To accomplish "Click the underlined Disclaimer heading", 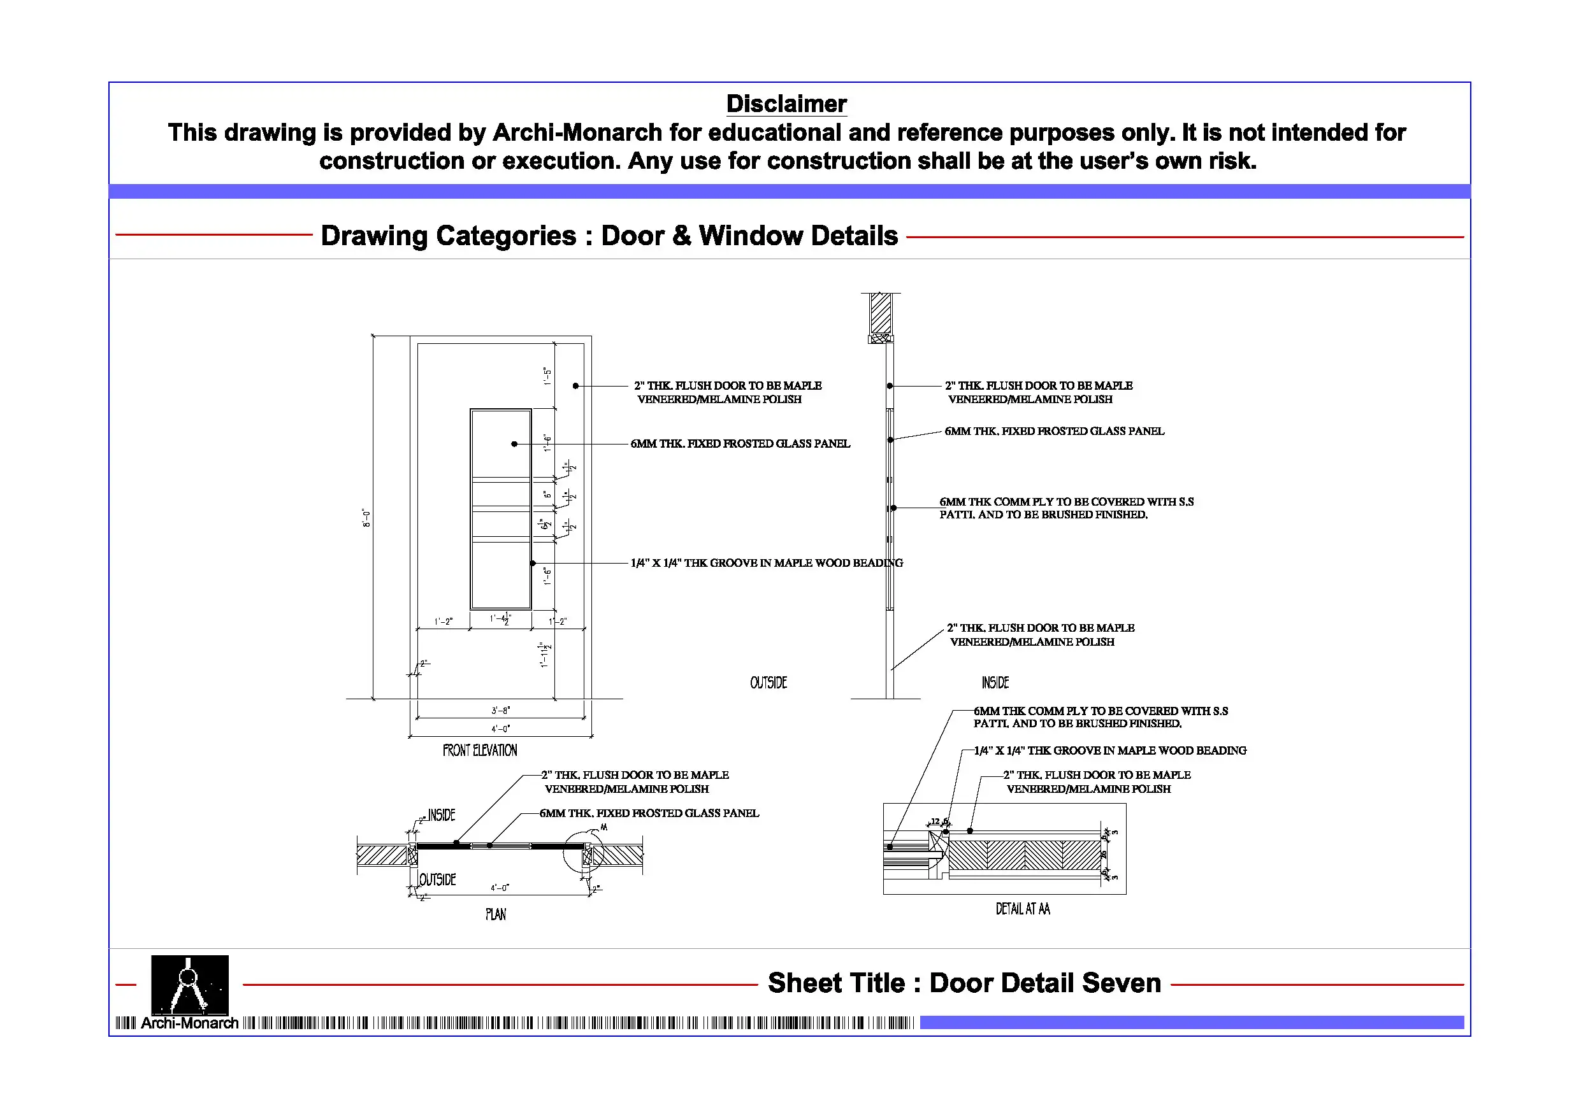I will tap(786, 104).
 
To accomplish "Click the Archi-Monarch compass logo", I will tap(189, 985).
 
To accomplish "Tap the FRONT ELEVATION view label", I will tap(479, 750).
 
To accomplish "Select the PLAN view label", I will tap(495, 914).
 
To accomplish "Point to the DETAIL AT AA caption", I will tap(1023, 909).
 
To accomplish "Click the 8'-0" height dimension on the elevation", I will tap(366, 518).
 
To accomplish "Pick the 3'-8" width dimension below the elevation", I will tap(501, 710).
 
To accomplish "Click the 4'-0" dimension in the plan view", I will tap(500, 888).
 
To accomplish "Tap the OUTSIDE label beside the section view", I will tap(769, 683).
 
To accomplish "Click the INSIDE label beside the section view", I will tap(995, 683).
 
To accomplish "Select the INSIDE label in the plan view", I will tap(442, 816).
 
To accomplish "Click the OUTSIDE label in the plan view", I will tap(437, 879).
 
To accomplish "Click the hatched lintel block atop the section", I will tap(881, 314).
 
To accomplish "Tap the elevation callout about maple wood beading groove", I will tap(767, 563).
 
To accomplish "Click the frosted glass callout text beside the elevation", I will tap(740, 444).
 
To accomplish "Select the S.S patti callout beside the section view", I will tap(1066, 508).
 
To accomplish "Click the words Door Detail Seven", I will tap(1044, 983).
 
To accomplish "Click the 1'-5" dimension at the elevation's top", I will tap(547, 376).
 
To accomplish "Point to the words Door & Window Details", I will tap(749, 236).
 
